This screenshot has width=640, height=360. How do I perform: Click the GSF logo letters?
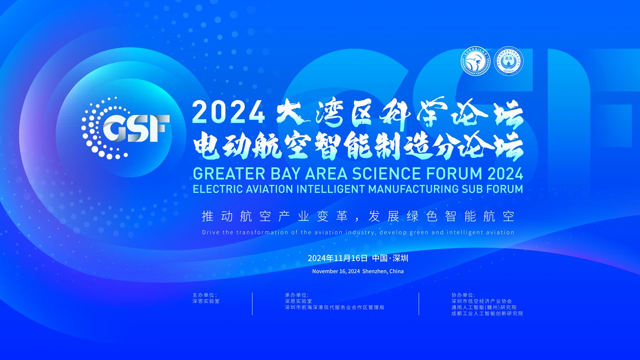pyautogui.click(x=136, y=128)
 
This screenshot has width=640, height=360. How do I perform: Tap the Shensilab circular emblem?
pyautogui.click(x=476, y=61)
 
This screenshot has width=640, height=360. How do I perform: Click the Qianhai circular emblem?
pyautogui.click(x=508, y=61)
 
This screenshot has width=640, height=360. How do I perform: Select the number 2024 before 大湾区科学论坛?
pyautogui.click(x=229, y=113)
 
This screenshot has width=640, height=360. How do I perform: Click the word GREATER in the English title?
pyautogui.click(x=229, y=174)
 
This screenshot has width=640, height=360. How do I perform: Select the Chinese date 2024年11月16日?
pyautogui.click(x=337, y=258)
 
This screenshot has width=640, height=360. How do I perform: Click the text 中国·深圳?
pyautogui.click(x=390, y=258)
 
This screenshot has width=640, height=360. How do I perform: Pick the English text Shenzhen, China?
pyautogui.click(x=383, y=271)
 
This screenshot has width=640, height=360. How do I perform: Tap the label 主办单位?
pyautogui.click(x=205, y=295)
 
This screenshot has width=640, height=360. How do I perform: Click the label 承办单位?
pyautogui.click(x=297, y=295)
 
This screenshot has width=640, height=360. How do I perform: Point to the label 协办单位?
pyautogui.click(x=463, y=295)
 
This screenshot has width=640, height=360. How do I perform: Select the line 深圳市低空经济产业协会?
pyautogui.click(x=482, y=301)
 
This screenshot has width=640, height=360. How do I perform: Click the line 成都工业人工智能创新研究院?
pyautogui.click(x=487, y=313)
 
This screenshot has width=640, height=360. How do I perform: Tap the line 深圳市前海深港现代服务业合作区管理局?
pyautogui.click(x=335, y=307)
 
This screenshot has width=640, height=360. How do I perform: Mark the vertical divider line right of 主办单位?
pyautogui.click(x=252, y=304)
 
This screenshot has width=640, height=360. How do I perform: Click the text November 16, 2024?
pyautogui.click(x=336, y=271)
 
